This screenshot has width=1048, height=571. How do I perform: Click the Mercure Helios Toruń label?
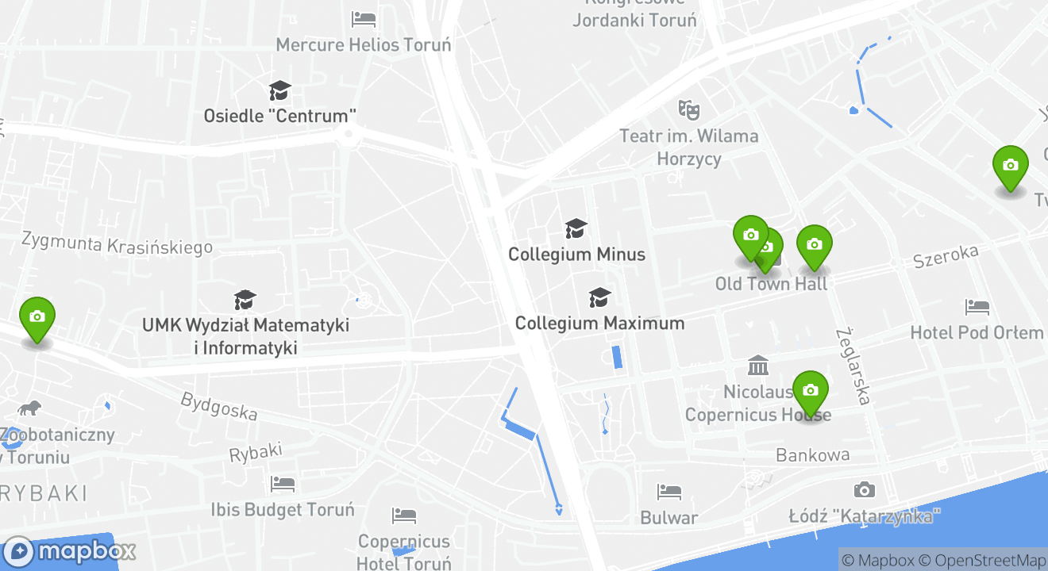coord(363,44)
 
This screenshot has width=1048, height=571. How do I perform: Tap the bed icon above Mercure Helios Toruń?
coord(364,17)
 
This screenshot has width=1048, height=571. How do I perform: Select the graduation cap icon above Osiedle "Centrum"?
coord(279,90)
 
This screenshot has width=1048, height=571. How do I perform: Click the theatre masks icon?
coord(688,109)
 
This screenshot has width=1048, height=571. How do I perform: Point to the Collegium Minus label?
coord(576,255)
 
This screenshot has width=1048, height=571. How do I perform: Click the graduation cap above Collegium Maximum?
coord(599,297)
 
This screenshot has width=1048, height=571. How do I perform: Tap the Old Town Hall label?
coord(771,284)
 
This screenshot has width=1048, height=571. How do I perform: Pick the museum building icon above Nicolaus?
coord(758,366)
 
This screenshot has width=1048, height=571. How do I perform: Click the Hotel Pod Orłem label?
coord(977,332)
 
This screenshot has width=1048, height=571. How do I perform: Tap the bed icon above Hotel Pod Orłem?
coord(977,306)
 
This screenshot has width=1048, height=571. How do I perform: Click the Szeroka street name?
coord(945,256)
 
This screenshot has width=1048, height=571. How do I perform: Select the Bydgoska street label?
coord(219,406)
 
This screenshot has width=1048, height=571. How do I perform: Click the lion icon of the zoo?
coord(30,408)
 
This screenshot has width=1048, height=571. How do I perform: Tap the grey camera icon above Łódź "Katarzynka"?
coord(864,490)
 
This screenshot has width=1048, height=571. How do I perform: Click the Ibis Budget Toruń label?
coord(282,509)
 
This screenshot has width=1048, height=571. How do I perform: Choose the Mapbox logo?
coord(70,551)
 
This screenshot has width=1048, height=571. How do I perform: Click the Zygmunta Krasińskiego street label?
coord(117,243)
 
